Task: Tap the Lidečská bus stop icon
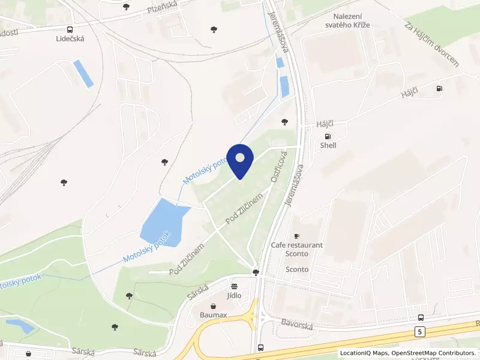70,29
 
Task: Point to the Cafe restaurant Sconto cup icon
296,236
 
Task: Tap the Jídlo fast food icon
234,286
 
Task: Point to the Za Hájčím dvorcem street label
431,45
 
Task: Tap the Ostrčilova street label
280,166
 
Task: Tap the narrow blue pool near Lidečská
83,74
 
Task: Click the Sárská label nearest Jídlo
197,292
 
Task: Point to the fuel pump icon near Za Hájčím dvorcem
440,88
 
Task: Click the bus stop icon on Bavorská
421,317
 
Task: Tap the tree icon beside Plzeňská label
125,7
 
